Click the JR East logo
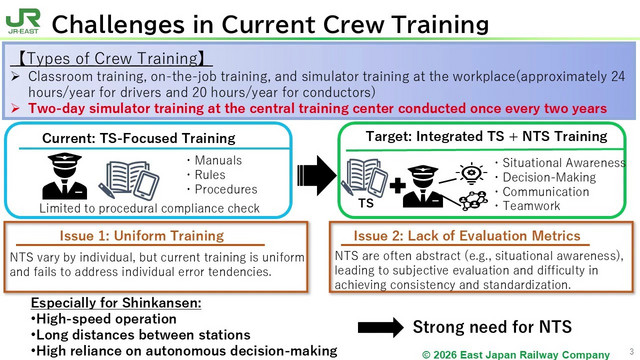23,21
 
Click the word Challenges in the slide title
118,24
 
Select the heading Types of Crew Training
111,58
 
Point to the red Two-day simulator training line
317,109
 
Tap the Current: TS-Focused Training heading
139,138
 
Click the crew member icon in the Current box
64,176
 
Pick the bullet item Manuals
218,160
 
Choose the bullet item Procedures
226,189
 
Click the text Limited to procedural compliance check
149,208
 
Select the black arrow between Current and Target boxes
317,176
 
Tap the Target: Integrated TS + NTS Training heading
487,136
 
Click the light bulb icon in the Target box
471,173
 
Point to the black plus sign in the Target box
397,186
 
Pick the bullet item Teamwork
531,206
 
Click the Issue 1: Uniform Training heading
142,236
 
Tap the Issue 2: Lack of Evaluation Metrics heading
467,236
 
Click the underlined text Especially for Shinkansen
116,303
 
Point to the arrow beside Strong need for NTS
380,327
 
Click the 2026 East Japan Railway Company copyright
516,355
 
